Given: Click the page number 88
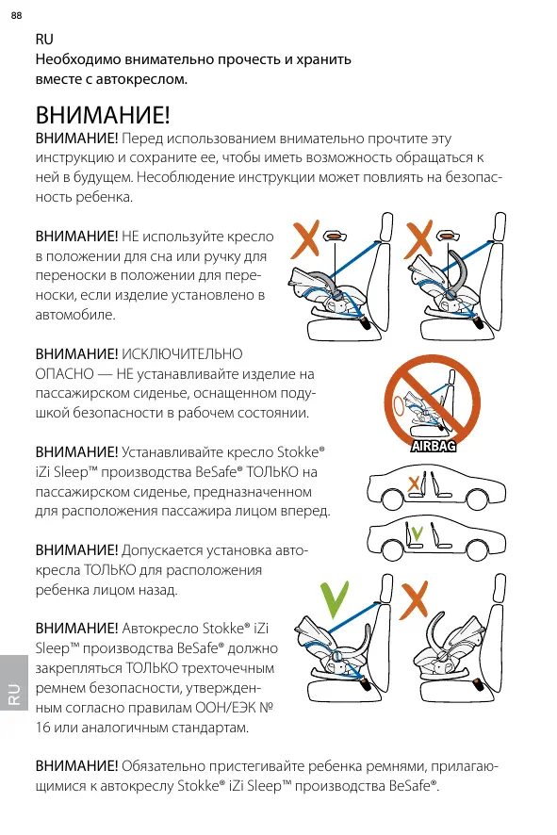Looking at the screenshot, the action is [17, 15].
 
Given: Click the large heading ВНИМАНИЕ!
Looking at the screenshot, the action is [103, 115].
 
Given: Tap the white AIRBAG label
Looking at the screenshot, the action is [433, 447].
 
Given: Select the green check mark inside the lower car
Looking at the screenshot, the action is [418, 532].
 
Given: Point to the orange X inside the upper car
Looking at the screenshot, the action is [413, 484].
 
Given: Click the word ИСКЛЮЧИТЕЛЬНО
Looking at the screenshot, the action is [182, 354].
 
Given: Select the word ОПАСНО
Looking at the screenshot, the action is [64, 374].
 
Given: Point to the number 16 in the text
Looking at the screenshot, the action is [42, 728].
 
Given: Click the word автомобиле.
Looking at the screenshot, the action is [75, 315].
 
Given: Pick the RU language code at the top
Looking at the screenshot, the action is [44, 40].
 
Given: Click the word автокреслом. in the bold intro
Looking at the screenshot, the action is [141, 79].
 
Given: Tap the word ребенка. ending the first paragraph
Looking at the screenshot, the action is [104, 197].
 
